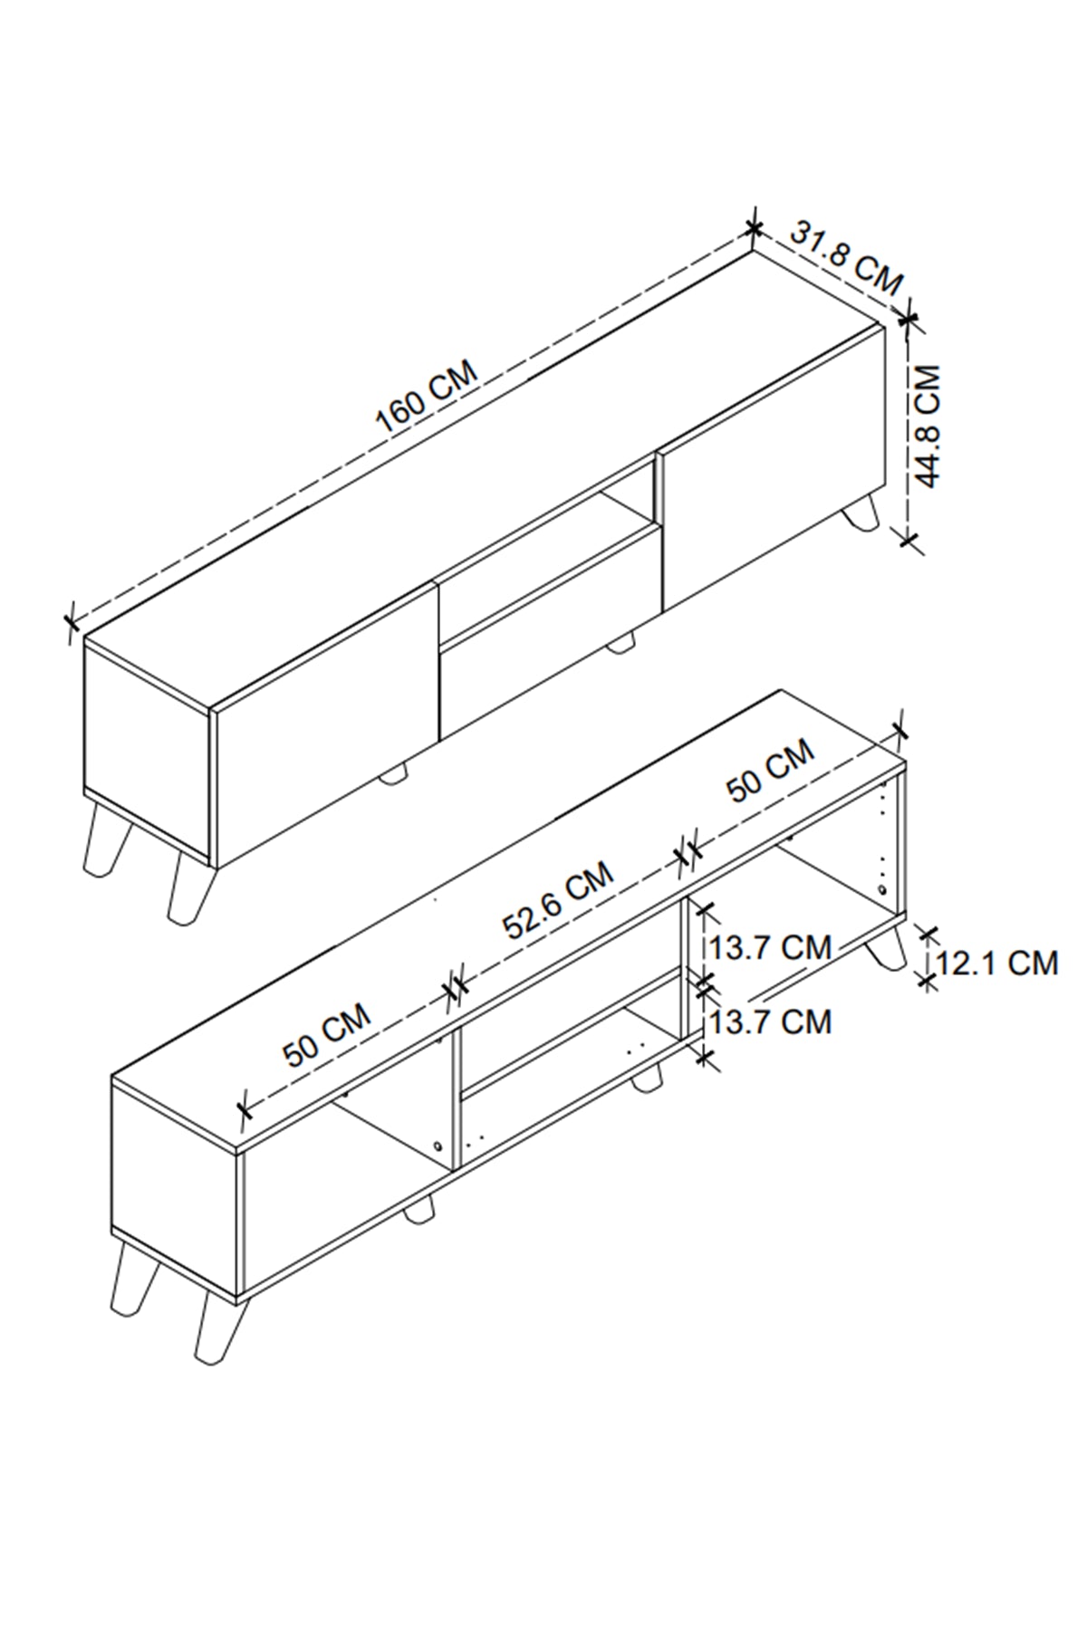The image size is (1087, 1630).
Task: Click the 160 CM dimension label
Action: (x=426, y=396)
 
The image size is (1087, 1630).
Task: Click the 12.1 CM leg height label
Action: (x=996, y=962)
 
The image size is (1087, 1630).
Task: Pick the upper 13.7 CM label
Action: (x=770, y=947)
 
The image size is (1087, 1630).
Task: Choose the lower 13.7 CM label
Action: (x=770, y=1021)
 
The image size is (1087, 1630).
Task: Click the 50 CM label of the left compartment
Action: (x=326, y=1034)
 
